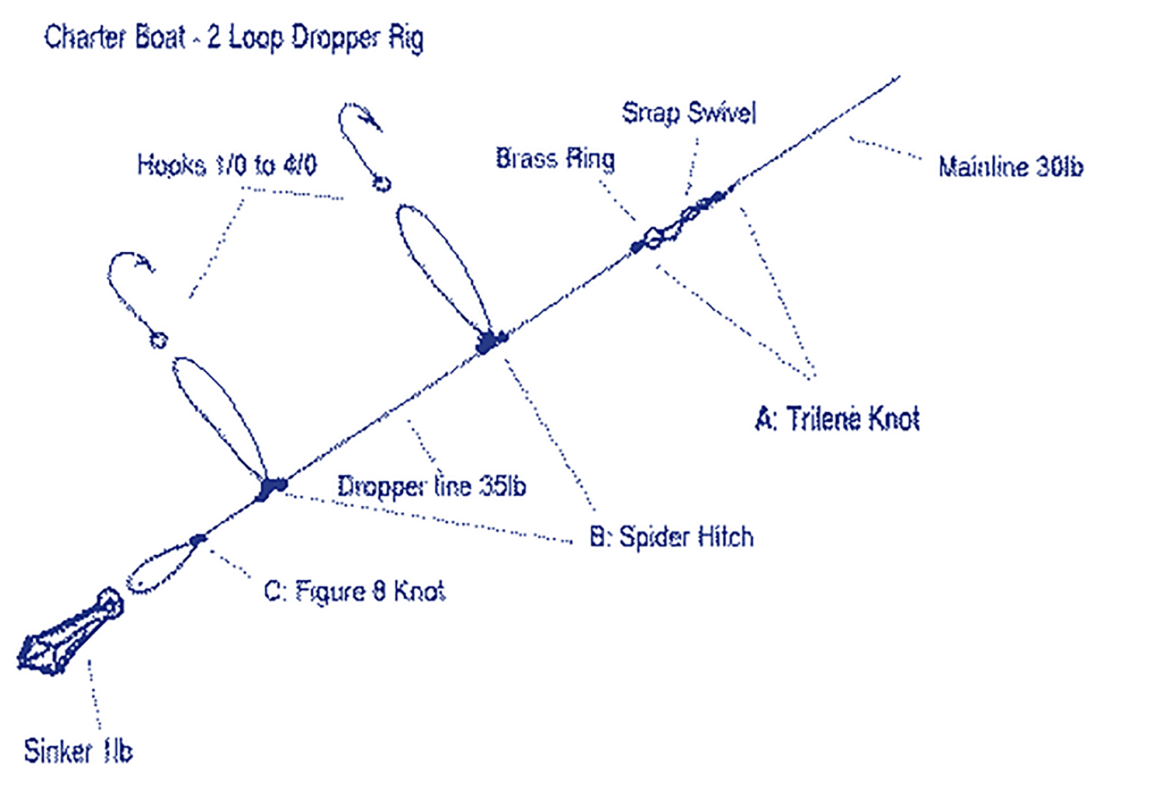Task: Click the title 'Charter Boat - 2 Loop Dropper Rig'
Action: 234,39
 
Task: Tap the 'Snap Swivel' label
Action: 688,113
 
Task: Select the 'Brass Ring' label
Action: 555,159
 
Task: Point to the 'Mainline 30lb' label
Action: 1010,167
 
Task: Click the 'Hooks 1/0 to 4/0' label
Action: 227,165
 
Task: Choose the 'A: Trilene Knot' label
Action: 837,419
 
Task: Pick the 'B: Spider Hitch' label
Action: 671,537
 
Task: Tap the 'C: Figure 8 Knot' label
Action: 355,591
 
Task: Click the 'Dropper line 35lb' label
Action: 431,486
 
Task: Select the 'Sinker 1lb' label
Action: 78,751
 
